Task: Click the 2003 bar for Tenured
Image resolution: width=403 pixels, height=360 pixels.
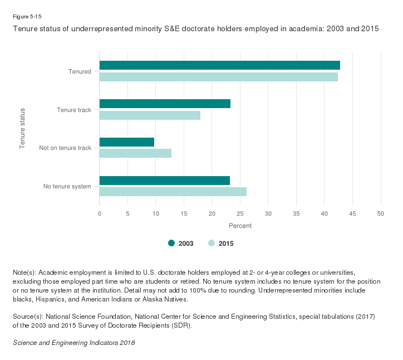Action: click(x=219, y=65)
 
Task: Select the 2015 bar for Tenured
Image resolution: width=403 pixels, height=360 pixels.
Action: click(x=218, y=77)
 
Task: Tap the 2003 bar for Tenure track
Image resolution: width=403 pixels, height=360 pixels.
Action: click(x=165, y=104)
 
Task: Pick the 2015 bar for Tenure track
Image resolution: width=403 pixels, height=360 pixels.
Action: click(x=150, y=115)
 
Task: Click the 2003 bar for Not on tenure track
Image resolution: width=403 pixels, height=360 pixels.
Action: click(x=126, y=142)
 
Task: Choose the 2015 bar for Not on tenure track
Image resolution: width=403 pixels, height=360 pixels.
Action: click(x=135, y=153)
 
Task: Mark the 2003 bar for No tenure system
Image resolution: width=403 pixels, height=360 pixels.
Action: click(x=164, y=180)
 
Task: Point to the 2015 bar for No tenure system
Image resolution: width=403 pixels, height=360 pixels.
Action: click(x=173, y=192)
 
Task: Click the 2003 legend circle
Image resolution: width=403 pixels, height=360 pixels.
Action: click(x=171, y=243)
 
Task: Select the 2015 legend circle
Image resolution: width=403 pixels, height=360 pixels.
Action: click(x=212, y=243)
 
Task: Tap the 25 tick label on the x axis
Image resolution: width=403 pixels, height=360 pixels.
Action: click(x=240, y=213)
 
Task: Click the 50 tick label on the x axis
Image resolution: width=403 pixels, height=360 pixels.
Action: click(x=381, y=213)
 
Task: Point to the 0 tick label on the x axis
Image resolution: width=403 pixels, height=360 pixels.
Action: click(x=99, y=213)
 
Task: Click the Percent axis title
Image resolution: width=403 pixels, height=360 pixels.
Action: click(x=240, y=226)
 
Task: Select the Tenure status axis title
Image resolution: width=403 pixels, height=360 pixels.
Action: click(x=23, y=128)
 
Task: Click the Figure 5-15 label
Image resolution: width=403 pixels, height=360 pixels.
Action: click(x=27, y=16)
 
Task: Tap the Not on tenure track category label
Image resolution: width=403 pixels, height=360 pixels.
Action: click(x=65, y=148)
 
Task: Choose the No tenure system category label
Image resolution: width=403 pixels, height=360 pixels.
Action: click(x=67, y=186)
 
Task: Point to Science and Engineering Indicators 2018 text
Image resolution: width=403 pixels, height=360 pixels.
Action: click(x=73, y=342)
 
